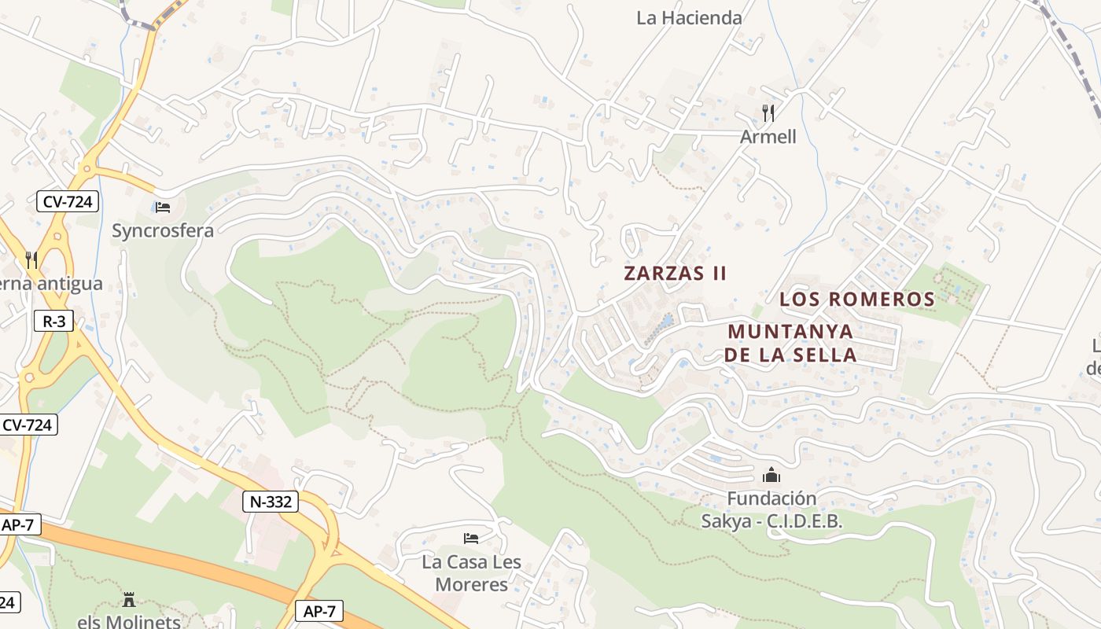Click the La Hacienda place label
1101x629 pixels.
point(689,17)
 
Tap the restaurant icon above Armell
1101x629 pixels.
point(768,113)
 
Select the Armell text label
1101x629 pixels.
point(768,137)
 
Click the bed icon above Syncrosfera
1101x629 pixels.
point(163,208)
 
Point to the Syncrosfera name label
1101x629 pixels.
point(163,230)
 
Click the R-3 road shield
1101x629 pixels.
point(53,321)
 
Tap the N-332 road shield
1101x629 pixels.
point(271,502)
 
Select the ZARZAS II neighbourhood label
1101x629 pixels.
point(675,274)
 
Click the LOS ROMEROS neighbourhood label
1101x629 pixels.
point(856,300)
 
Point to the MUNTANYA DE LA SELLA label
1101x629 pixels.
point(790,343)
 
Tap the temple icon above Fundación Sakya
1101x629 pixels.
point(771,475)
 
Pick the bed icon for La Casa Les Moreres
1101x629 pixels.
point(471,539)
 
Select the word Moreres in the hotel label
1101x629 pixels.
point(471,585)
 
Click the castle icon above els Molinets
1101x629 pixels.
point(129,599)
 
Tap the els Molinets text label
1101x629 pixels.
point(129,621)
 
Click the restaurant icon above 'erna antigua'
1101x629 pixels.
point(31,259)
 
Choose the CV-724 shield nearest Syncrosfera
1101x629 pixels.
point(68,202)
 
